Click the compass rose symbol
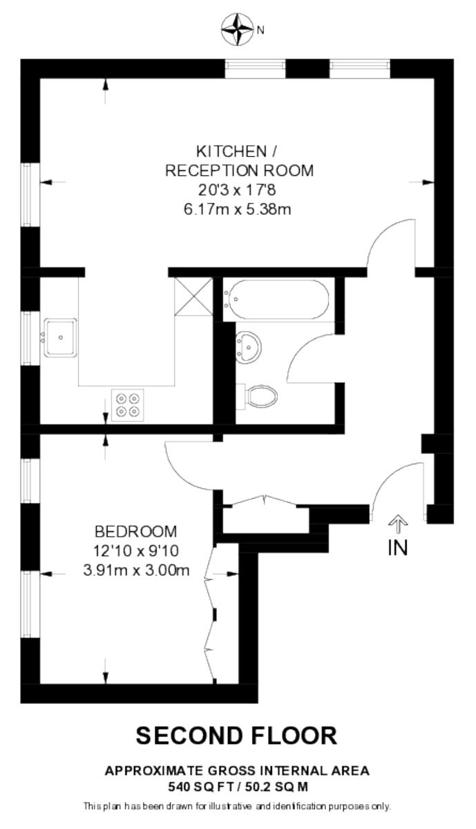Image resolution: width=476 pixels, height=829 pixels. tap(237, 29)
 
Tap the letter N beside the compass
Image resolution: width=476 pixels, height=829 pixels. tap(260, 30)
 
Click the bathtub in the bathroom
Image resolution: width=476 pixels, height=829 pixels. tap(276, 299)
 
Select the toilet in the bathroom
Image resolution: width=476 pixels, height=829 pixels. tap(257, 397)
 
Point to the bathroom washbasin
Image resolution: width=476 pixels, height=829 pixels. tap(249, 347)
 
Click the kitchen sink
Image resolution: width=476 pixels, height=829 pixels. tap(61, 338)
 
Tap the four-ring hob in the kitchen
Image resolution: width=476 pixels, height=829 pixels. tap(128, 405)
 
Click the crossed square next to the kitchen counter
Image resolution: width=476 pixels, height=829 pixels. tap(193, 296)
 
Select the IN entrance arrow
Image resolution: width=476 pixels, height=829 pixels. tap(398, 524)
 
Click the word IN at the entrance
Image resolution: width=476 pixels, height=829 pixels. tap(398, 548)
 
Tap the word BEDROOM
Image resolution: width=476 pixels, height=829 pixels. tap(136, 531)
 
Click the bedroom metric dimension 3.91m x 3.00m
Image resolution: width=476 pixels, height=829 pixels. tap(136, 571)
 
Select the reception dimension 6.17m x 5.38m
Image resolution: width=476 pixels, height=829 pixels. tap(237, 209)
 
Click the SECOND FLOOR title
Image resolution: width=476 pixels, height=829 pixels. tap(237, 734)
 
